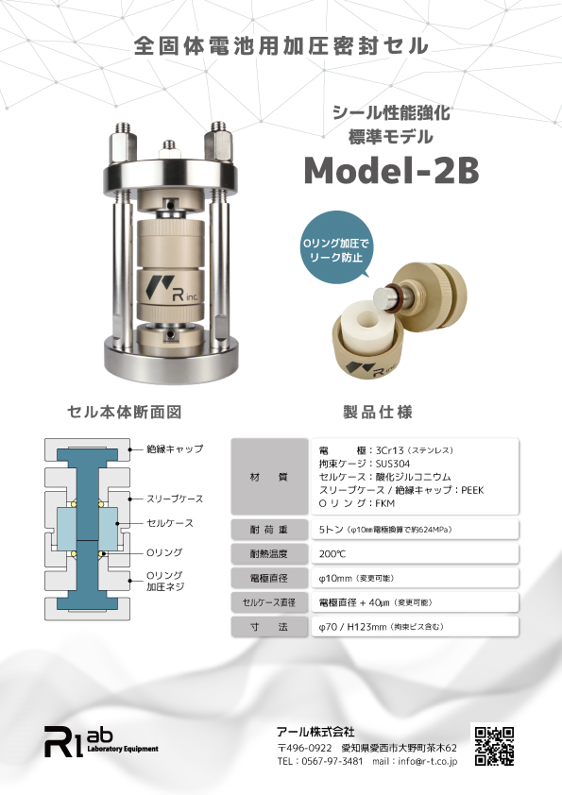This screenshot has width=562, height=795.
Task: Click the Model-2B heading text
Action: (x=391, y=170)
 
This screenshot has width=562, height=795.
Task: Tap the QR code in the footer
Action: (x=494, y=746)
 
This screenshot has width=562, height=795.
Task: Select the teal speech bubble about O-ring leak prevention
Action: (x=334, y=247)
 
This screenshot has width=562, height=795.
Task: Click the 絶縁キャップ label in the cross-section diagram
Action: (x=175, y=448)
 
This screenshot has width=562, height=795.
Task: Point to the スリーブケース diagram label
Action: (x=175, y=499)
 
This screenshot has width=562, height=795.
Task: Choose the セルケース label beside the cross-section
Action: (x=170, y=523)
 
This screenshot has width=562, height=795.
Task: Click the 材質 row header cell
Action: (x=269, y=477)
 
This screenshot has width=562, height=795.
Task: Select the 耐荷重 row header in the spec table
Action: (x=269, y=530)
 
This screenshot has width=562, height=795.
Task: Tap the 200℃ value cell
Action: (x=415, y=553)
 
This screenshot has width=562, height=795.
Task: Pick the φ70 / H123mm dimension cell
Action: (x=415, y=627)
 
